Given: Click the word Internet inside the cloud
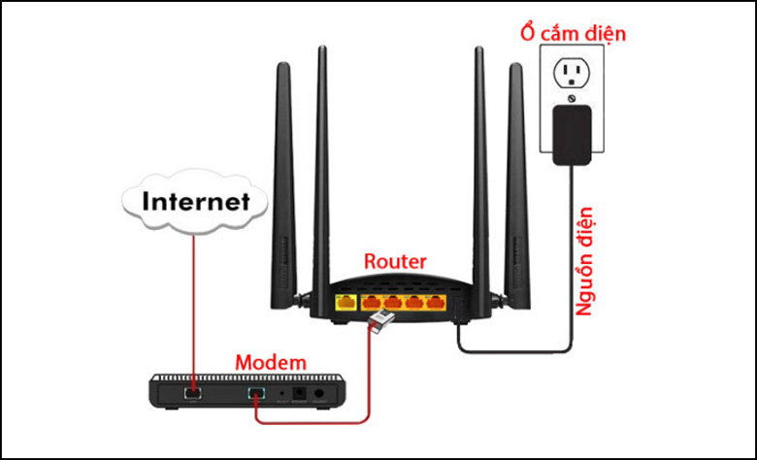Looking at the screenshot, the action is (196, 201).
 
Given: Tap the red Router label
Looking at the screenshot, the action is (395, 261).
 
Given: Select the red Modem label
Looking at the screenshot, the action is (271, 362).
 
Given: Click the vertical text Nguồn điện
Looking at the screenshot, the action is (584, 261).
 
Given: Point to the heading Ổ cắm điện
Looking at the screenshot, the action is (573, 32).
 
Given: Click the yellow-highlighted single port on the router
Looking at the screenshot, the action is (346, 303).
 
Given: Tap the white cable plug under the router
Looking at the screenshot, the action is (380, 319).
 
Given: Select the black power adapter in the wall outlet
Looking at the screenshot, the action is (572, 135).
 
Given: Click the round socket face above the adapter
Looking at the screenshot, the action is (572, 73).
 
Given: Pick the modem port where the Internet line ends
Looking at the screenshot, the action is (193, 392).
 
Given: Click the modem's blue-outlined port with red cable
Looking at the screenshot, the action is (256, 393).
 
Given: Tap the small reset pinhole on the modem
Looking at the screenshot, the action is (282, 394).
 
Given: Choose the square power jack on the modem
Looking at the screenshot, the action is (300, 393).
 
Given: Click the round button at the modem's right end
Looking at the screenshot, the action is (318, 393).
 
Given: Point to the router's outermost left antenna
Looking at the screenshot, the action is (284, 184).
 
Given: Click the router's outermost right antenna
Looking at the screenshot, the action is (516, 184).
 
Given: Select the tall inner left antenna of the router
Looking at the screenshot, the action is (321, 179).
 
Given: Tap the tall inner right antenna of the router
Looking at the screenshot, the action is (480, 179).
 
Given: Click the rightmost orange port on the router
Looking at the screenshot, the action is (436, 303).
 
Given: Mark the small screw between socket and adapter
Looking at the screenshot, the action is (572, 98).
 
